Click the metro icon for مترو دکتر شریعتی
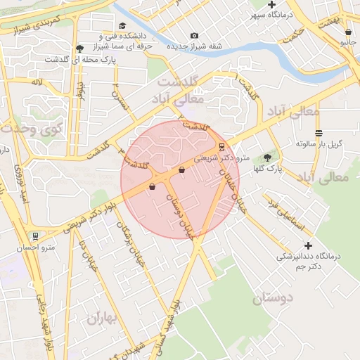point(222,147)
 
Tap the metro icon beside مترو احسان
point(35,236)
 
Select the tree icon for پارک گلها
point(267,157)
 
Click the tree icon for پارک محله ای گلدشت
point(79,49)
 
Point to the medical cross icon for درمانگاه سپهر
point(271,5)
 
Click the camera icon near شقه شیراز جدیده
point(194,36)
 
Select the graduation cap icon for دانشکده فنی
point(112,25)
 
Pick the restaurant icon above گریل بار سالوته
point(319,132)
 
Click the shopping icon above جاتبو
point(347,32)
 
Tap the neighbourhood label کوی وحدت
point(32,129)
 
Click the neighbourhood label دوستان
point(262,299)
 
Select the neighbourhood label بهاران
point(105,318)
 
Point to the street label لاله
point(36,82)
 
